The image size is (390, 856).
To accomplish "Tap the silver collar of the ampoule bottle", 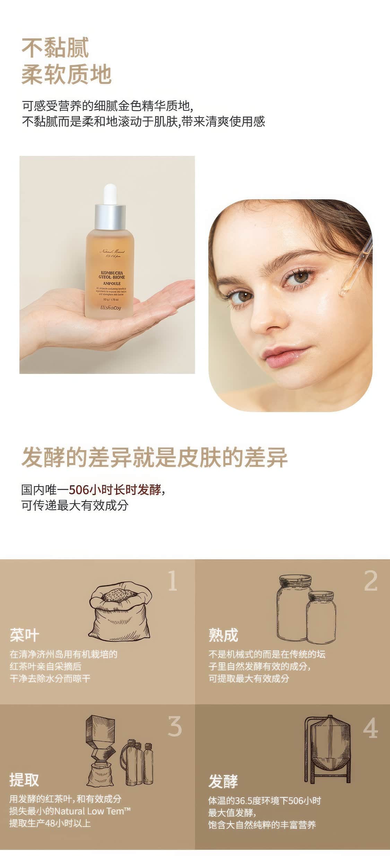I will point(110,217).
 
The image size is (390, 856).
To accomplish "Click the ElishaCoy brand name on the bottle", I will point(111,307).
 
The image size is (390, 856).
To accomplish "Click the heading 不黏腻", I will point(55,47).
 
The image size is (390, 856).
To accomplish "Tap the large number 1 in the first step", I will point(172,581).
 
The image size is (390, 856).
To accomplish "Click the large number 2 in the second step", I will point(370,581).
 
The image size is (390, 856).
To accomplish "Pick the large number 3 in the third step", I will point(174,726).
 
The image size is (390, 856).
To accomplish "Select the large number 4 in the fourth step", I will point(370,728).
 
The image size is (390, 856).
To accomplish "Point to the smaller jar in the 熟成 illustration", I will point(321,617).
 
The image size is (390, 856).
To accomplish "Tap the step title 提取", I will point(24,780).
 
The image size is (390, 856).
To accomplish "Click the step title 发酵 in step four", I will point(223,781).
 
